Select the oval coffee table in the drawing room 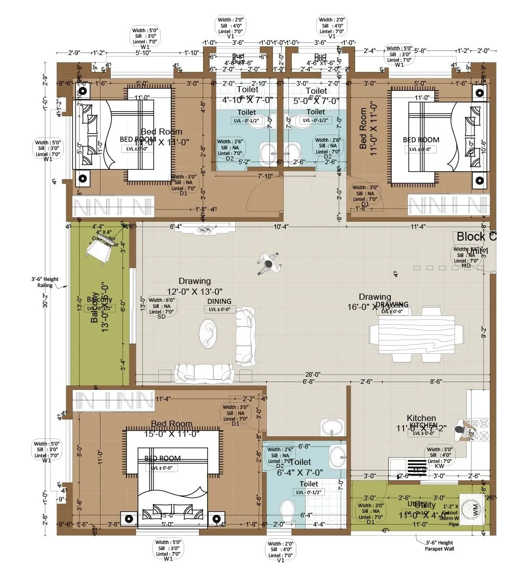[x=208, y=334]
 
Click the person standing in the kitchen [x=463, y=432]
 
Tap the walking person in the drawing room [x=268, y=264]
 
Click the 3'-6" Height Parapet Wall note [x=439, y=545]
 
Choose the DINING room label [x=219, y=301]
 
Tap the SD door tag [x=161, y=316]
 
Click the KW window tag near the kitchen [x=439, y=466]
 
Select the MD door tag [x=466, y=266]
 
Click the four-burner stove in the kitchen [x=480, y=428]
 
